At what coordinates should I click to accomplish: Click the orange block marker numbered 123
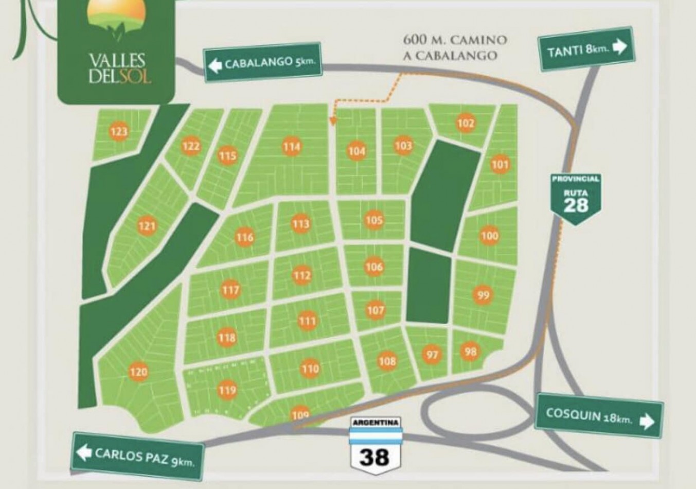pyautogui.click(x=119, y=132)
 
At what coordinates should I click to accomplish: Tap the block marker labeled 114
pyautogui.click(x=291, y=147)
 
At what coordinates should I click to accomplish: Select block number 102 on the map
pyautogui.click(x=466, y=123)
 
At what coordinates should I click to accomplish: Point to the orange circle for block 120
pyautogui.click(x=138, y=372)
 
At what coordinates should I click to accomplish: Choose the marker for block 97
pyautogui.click(x=432, y=355)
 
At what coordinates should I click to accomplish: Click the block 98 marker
pyautogui.click(x=470, y=352)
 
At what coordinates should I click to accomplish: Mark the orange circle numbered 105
pyautogui.click(x=374, y=220)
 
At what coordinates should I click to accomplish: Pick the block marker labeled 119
pyautogui.click(x=227, y=390)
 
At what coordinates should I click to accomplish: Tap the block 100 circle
pyautogui.click(x=489, y=236)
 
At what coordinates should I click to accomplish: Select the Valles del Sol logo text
pyautogui.click(x=116, y=67)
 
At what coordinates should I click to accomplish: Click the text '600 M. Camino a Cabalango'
pyautogui.click(x=455, y=47)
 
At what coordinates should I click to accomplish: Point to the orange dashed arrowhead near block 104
pyautogui.click(x=332, y=122)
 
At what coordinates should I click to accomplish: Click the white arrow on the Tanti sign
pyautogui.click(x=620, y=47)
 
